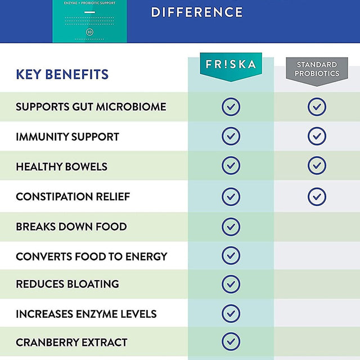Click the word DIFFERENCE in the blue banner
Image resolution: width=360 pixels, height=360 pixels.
(x=197, y=12)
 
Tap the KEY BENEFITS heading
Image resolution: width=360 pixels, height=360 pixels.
(x=62, y=74)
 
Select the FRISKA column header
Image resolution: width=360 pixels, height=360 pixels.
(x=231, y=65)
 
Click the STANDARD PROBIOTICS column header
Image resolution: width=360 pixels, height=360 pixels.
(x=317, y=69)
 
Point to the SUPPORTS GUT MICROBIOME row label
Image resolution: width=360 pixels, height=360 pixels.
(x=91, y=107)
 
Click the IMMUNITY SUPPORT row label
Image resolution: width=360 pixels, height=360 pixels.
(x=67, y=137)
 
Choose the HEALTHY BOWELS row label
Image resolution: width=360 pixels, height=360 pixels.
(x=61, y=166)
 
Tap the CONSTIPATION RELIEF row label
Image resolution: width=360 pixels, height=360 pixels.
(x=73, y=196)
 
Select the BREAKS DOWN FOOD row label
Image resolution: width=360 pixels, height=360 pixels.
(x=71, y=227)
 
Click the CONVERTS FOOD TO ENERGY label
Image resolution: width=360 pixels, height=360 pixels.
(x=91, y=256)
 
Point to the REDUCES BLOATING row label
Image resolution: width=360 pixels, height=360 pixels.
(x=67, y=284)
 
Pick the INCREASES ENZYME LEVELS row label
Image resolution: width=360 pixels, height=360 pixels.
(x=86, y=314)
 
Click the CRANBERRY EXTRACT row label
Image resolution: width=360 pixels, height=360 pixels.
(x=71, y=343)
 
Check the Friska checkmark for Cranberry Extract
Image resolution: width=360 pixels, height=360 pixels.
(x=231, y=341)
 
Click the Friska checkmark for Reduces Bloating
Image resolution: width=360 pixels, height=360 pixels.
(x=231, y=283)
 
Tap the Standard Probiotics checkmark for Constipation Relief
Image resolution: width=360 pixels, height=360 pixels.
(x=317, y=196)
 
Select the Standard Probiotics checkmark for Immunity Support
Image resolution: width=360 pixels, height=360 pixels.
(x=317, y=136)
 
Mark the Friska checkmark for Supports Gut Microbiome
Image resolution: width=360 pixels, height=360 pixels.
(x=231, y=107)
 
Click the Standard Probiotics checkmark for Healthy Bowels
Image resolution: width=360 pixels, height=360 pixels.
(x=317, y=166)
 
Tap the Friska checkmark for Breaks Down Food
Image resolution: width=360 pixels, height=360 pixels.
(x=231, y=226)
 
